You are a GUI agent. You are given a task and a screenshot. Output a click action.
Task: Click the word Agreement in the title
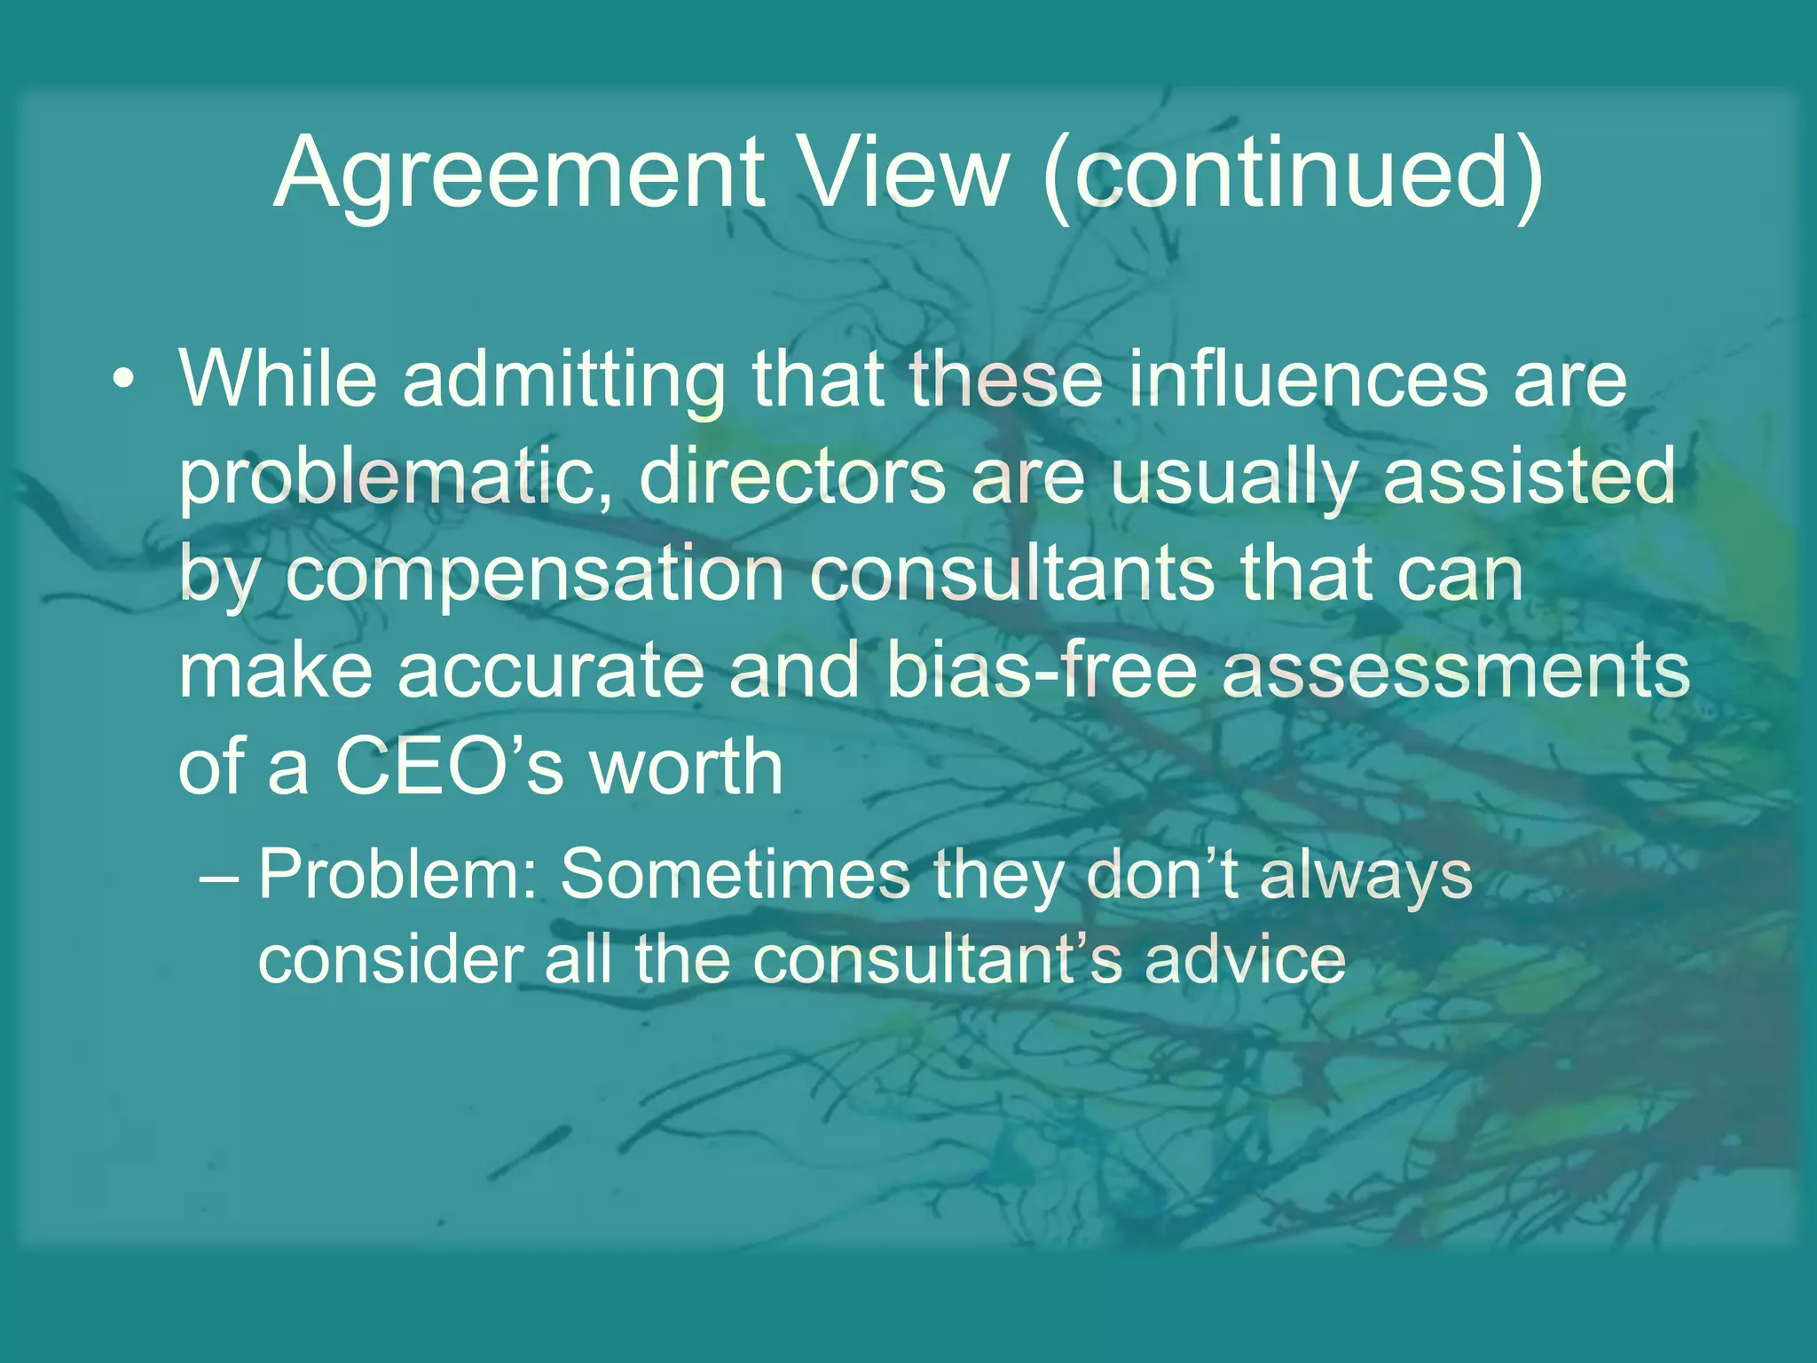pos(519,174)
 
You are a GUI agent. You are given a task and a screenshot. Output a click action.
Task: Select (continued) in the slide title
pos(1292,174)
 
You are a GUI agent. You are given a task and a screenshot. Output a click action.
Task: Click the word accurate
pos(550,671)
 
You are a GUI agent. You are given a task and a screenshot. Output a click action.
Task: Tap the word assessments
pos(1455,671)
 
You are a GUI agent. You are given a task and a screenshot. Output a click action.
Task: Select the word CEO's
pos(449,765)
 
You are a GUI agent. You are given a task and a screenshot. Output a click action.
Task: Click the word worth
pos(686,765)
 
